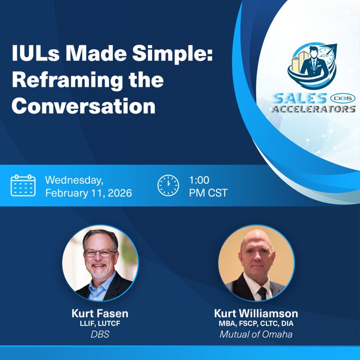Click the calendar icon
pyautogui.click(x=23, y=186)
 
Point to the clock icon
pyautogui.click(x=168, y=186)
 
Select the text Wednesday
pyautogui.click(x=74, y=180)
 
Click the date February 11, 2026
pyautogui.click(x=88, y=193)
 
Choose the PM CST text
pyautogui.click(x=208, y=193)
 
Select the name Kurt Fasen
pyautogui.click(x=100, y=313)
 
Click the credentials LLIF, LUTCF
pyautogui.click(x=100, y=324)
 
